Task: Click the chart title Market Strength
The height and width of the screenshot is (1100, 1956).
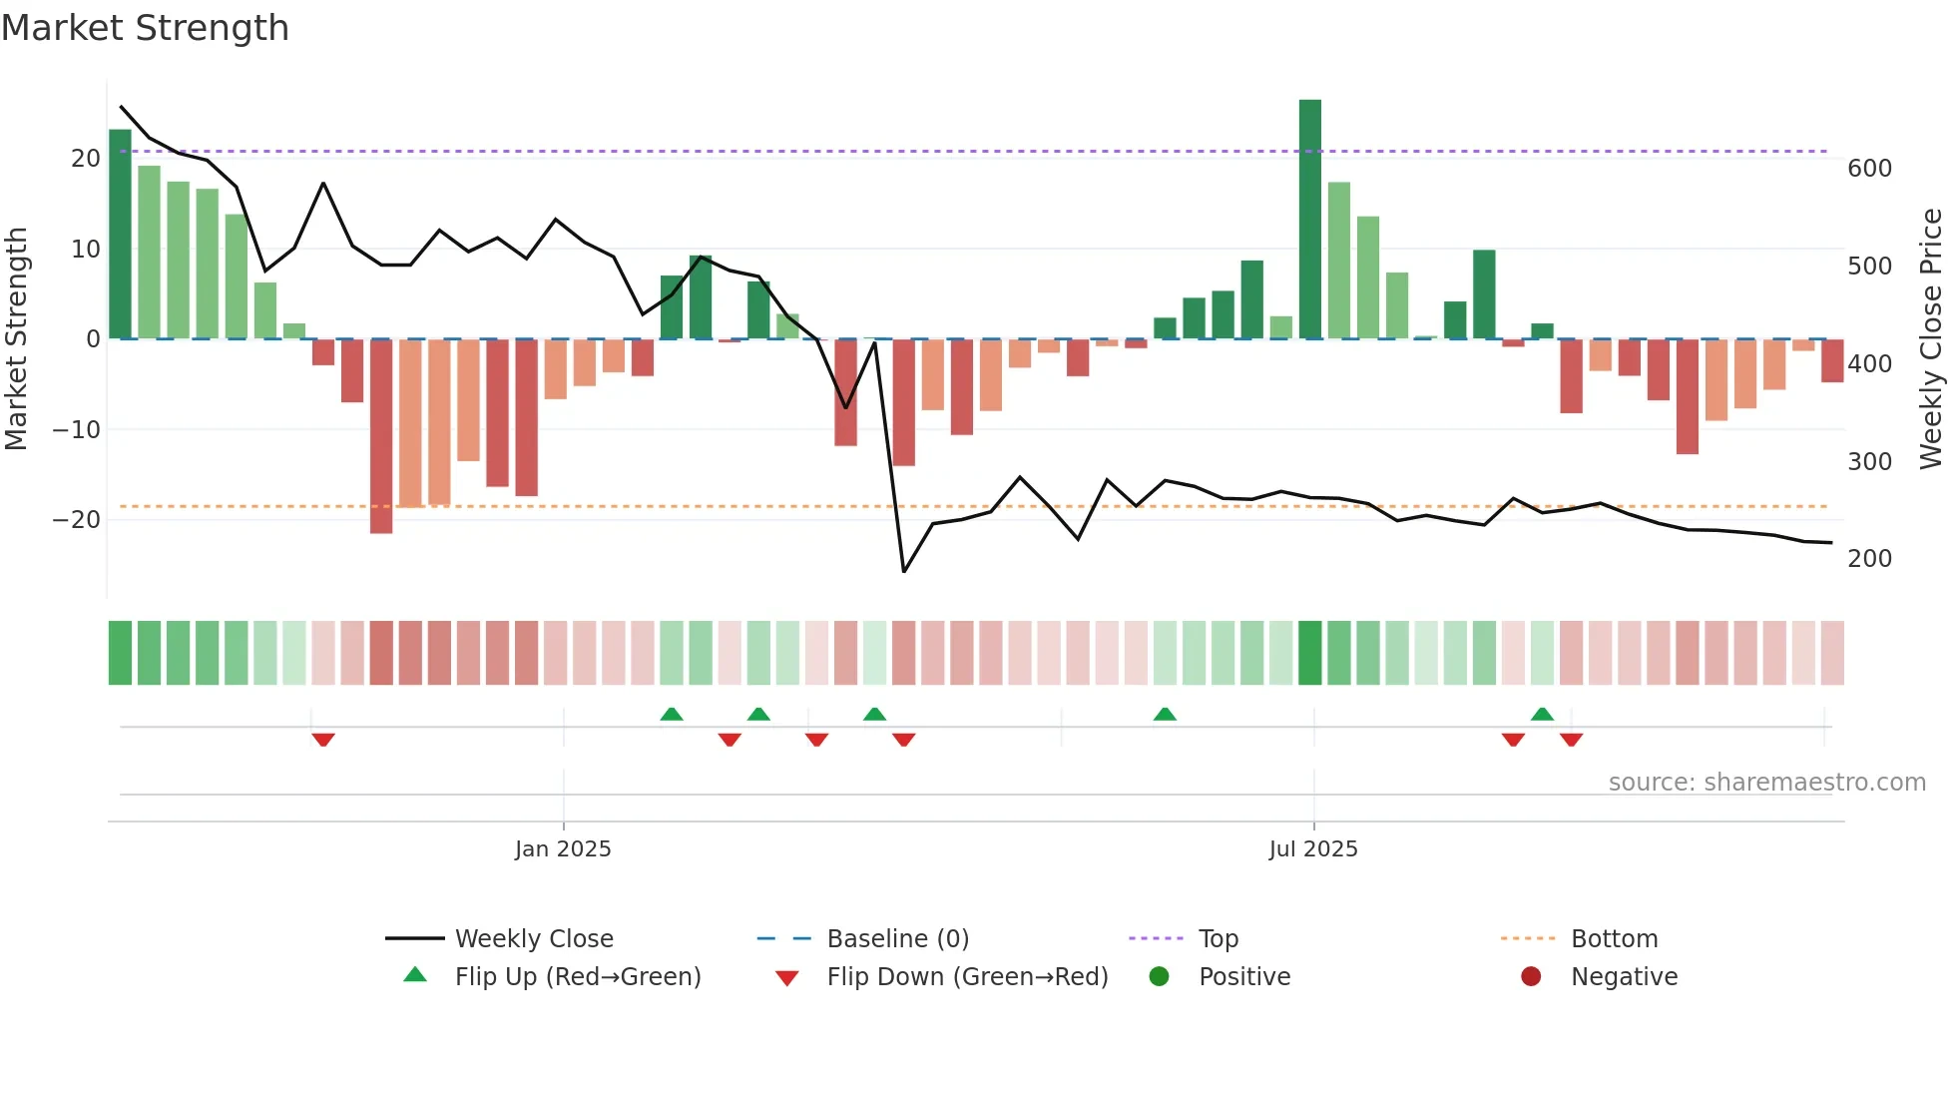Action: [x=145, y=28]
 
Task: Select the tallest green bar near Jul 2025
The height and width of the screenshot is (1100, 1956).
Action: [x=1309, y=220]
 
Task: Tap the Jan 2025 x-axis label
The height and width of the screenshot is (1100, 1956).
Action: [x=563, y=849]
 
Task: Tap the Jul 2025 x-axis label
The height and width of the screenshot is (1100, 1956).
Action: [x=1313, y=849]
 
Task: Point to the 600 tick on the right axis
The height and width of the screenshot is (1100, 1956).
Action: [x=1869, y=169]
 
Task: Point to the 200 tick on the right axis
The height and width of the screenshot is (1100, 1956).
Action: [x=1869, y=559]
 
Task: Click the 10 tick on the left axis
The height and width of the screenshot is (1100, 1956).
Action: [x=86, y=250]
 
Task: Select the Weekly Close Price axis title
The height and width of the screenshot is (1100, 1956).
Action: [x=1931, y=339]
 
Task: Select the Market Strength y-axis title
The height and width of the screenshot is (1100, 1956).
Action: [x=17, y=339]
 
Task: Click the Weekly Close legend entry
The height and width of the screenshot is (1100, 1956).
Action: [x=533, y=939]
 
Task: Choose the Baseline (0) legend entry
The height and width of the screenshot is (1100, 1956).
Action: [x=897, y=939]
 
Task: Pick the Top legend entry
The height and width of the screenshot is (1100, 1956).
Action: [x=1218, y=939]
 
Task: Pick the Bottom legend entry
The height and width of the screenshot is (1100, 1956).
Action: [x=1614, y=939]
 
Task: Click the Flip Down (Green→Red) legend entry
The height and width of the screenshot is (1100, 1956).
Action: [x=966, y=977]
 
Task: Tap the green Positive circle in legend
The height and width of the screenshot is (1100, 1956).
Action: [x=1159, y=977]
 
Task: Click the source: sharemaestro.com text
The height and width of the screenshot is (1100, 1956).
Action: [x=1766, y=783]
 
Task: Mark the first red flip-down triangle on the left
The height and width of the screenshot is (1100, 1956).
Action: [x=322, y=740]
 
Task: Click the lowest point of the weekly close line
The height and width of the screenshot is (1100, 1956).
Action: [x=904, y=571]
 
